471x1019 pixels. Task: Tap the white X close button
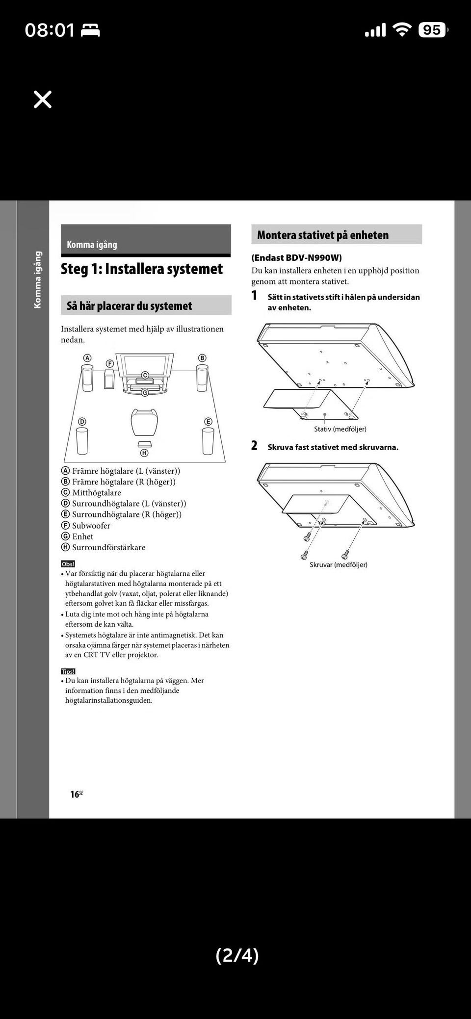[43, 99]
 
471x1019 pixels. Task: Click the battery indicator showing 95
[432, 30]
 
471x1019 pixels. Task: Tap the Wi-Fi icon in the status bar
[402, 30]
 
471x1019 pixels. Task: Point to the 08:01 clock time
[50, 30]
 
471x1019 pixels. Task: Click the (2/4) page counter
[237, 955]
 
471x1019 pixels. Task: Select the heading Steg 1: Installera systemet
[142, 269]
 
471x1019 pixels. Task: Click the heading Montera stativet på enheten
[323, 235]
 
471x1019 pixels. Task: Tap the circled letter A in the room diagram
[87, 358]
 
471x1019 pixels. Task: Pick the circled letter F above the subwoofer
[110, 363]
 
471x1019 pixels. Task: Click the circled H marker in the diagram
[144, 453]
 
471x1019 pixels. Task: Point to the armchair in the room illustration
[144, 422]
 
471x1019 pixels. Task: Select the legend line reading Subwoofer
[91, 526]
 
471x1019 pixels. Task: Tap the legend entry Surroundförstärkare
[108, 547]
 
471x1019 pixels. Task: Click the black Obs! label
[68, 564]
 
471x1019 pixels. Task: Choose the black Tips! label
[68, 671]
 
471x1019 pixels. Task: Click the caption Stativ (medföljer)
[340, 429]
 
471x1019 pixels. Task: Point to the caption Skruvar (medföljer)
[339, 565]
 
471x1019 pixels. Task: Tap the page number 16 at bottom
[75, 794]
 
